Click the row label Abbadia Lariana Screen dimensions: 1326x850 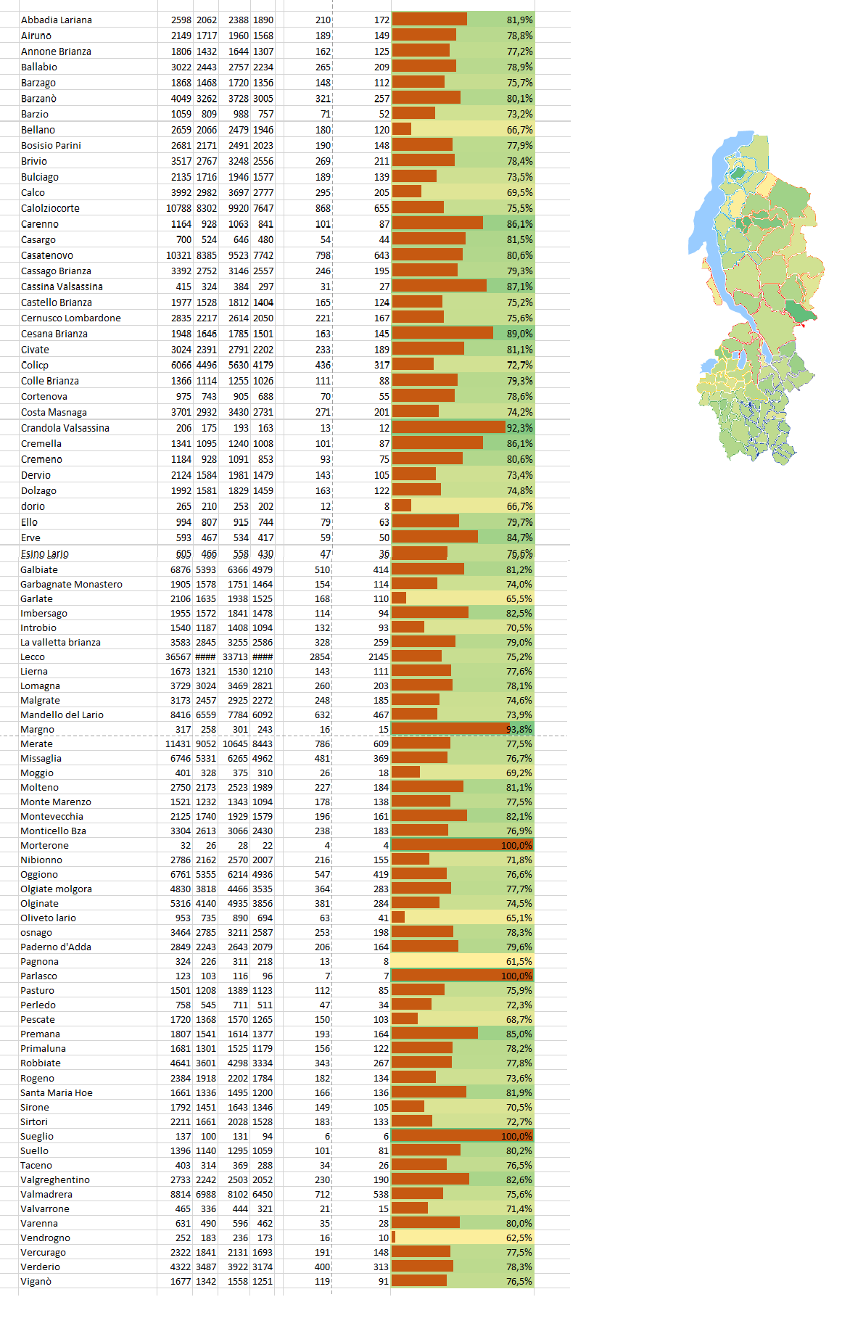point(57,20)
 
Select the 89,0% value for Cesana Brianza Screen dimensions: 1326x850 point(519,334)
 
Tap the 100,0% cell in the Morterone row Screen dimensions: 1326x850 point(516,846)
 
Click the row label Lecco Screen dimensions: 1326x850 point(33,657)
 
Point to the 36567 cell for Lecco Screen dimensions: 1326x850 point(178,657)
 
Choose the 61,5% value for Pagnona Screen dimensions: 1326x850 point(519,962)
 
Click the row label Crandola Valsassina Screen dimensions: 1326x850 point(65,428)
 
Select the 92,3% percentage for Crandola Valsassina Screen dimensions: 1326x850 point(519,428)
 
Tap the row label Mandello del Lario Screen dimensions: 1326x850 point(62,715)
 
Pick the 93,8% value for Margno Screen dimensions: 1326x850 point(519,730)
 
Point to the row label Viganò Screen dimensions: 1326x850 point(36,1282)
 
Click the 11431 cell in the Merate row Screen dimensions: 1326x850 point(178,744)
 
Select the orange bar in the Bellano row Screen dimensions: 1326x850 point(402,129)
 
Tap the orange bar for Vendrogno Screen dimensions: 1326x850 point(394,1238)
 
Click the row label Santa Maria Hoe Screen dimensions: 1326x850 point(57,1093)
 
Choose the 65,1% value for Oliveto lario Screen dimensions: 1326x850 point(519,918)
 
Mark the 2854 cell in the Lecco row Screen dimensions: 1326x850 point(320,657)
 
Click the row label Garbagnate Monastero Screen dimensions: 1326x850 point(71,585)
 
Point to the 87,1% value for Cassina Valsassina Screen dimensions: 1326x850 point(519,287)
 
